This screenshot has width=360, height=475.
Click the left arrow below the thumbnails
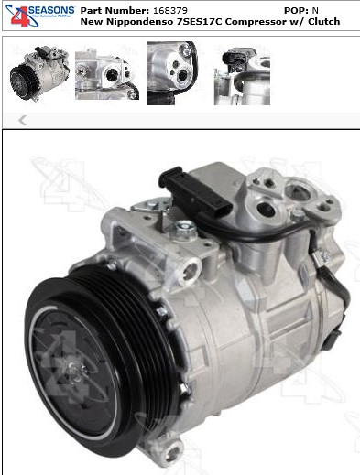coord(22,120)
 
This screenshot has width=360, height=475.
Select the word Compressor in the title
coord(267,21)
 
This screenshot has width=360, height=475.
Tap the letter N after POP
coord(316,9)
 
